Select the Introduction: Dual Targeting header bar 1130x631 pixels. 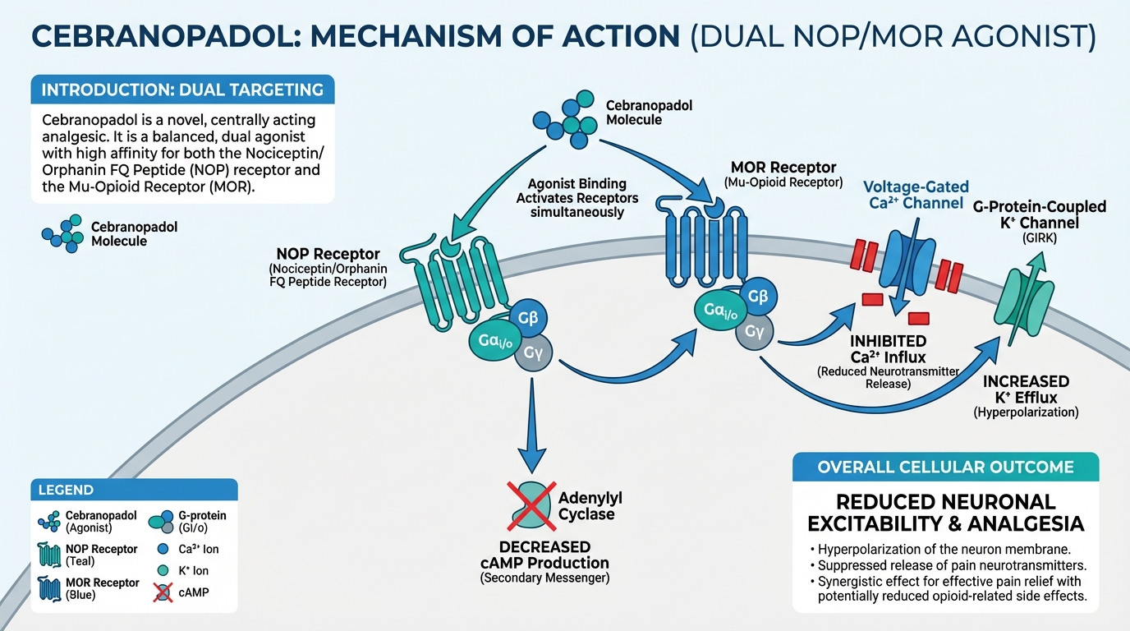(x=182, y=89)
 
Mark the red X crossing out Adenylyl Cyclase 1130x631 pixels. (x=527, y=506)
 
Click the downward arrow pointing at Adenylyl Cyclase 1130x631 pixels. (x=534, y=427)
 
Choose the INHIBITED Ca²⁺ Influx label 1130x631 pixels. (x=888, y=348)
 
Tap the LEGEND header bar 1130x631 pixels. (x=133, y=490)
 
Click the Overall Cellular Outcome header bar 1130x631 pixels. (x=945, y=467)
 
